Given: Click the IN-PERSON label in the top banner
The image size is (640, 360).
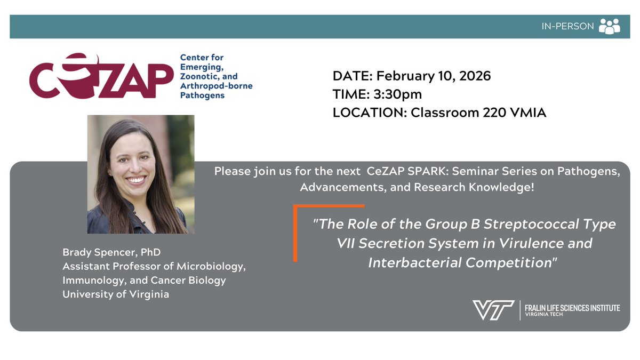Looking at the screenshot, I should [x=567, y=26].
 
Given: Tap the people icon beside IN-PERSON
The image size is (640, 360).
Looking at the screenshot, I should [x=609, y=26].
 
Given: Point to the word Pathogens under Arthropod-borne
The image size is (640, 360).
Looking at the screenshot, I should [x=202, y=96].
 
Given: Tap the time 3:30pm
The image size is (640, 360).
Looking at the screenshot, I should [x=397, y=94].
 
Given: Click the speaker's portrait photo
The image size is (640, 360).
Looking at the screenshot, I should [x=141, y=174].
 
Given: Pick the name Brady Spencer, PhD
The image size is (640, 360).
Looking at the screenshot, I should [x=111, y=252].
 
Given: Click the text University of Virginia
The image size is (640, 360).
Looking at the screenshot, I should [x=116, y=294].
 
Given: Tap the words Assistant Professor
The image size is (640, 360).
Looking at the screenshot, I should [x=108, y=266].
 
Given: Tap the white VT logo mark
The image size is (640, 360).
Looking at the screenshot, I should [x=493, y=310].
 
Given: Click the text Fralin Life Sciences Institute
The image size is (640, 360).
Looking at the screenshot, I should [x=572, y=308].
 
